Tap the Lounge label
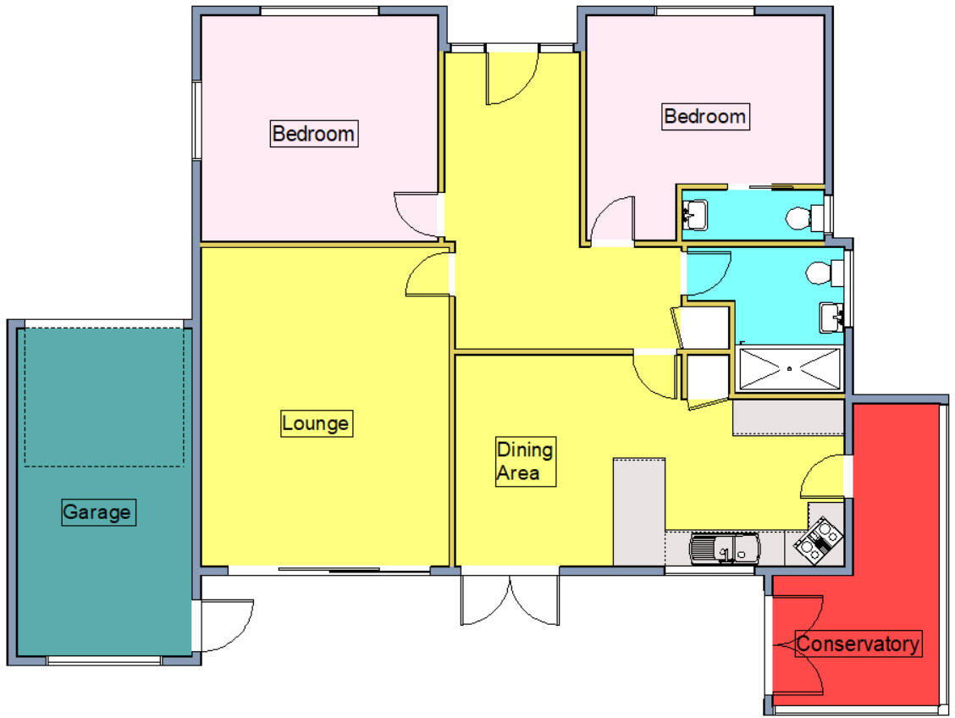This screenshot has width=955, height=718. [x=316, y=423]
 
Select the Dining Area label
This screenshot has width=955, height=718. [x=525, y=461]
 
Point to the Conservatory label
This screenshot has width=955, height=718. [x=858, y=643]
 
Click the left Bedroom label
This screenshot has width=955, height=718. [x=313, y=134]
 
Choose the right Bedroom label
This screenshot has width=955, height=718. [x=705, y=116]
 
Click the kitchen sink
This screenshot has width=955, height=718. [x=725, y=548]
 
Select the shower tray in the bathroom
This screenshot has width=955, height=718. [x=789, y=368]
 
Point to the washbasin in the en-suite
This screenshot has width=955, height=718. [x=695, y=215]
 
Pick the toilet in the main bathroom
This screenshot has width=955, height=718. [x=825, y=273]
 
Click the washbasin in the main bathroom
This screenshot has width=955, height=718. [x=831, y=318]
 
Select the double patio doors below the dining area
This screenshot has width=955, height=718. [x=510, y=600]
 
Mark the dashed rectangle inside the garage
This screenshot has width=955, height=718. [x=104, y=397]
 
